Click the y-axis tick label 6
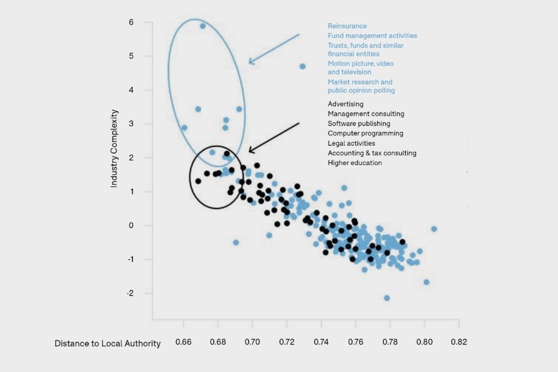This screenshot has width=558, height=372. coord(131,22)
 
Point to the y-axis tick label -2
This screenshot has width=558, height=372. coord(130,293)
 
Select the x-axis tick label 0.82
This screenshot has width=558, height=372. coord(459,343)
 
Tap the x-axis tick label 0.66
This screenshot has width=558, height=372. coord(183,343)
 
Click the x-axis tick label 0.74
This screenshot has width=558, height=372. coord(321,343)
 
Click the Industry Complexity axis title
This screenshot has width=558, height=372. coord(115,148)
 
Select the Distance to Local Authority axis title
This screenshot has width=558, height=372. coord(108,344)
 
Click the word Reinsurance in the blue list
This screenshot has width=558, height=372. coord(347,26)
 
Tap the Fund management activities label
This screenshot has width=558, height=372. coord(372,35)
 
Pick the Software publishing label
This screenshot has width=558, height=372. coord(359,123)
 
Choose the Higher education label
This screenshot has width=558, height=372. coord(355,163)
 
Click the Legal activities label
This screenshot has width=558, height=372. coord(351,143)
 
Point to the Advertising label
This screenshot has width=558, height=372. coord(345,104)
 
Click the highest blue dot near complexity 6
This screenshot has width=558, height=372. coord(203,26)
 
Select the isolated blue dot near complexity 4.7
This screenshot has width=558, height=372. coord(302,66)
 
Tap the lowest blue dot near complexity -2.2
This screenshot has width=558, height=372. coord(387,298)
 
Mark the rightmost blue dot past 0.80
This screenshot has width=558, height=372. coord(434,229)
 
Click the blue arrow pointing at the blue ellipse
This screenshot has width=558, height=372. coord(273,48)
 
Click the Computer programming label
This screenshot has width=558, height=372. coord(365,133)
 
